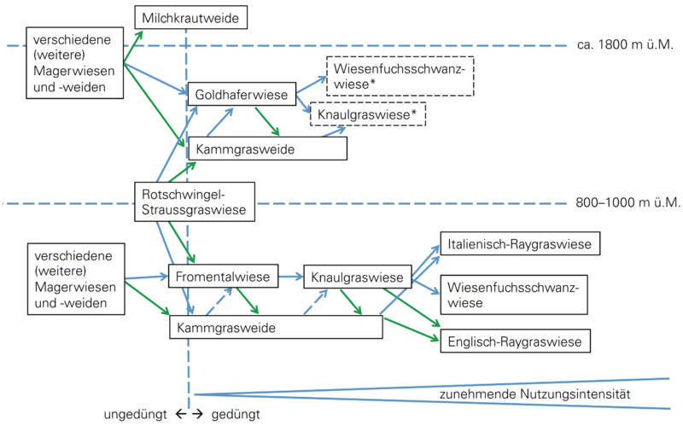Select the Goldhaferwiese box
[241, 94]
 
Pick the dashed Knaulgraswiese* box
[367, 114]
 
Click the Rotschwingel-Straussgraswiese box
[193, 201]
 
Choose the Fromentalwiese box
[224, 277]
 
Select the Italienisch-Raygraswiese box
[519, 244]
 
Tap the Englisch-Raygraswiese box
[515, 342]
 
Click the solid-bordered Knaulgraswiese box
[357, 277]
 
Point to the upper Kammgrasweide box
[267, 149]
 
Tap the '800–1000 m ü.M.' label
[628, 203]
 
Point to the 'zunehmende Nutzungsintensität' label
[534, 394]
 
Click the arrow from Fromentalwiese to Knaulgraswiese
[290, 277]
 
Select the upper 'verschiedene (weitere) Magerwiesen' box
[73, 61]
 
